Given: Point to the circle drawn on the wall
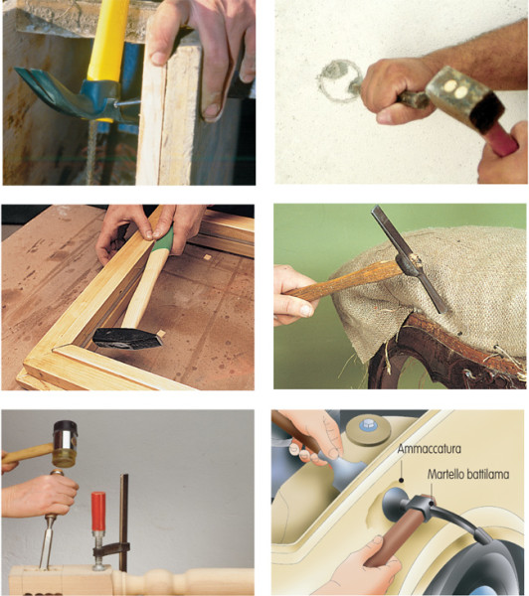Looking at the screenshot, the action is pos(339,80).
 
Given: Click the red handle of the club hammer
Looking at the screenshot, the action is pos(501,140).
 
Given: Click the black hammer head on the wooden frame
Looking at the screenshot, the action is pos(127,339).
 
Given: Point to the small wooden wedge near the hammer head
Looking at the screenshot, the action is pos(161,334).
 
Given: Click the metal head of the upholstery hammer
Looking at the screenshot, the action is pos(409,258).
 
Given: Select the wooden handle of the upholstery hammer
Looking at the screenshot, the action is pos(342,281).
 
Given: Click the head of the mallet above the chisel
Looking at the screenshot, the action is pos(65,444).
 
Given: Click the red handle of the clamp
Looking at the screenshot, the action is pos(98,512).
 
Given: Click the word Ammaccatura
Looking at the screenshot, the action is pos(429,449).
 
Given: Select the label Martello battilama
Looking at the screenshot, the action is pos(468,474).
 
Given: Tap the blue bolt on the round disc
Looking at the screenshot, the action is pos(368,424).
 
